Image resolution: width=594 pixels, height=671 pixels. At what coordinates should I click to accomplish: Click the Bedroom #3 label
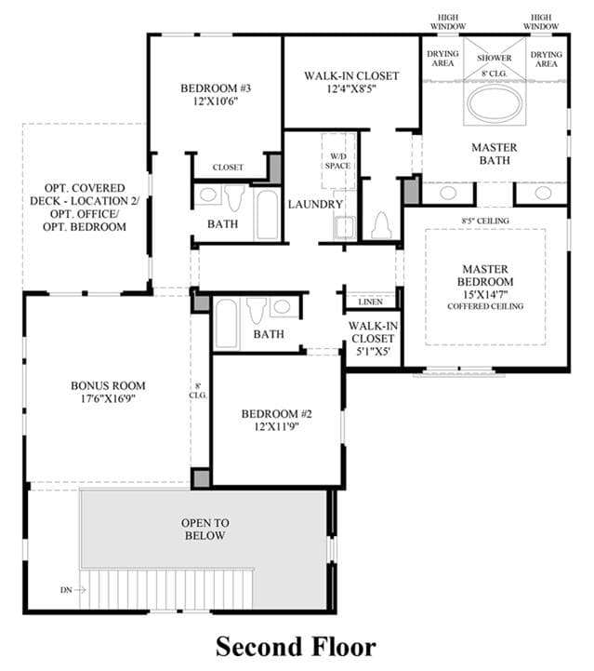(216, 88)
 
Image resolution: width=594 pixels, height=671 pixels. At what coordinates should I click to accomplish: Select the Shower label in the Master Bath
(495, 58)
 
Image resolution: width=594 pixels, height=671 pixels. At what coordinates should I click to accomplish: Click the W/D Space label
(337, 161)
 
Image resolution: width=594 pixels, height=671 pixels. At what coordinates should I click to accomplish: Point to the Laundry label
(315, 204)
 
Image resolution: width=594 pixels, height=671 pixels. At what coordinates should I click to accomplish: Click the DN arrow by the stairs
(80, 590)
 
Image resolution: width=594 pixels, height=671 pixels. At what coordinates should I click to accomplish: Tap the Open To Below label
(205, 529)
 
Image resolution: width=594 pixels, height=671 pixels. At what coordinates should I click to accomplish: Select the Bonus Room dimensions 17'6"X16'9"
(108, 398)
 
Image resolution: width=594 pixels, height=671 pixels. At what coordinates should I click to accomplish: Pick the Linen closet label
(371, 302)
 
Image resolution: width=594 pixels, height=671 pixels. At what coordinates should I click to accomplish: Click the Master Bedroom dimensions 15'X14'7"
(485, 294)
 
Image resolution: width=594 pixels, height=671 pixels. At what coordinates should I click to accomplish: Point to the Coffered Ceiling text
(485, 306)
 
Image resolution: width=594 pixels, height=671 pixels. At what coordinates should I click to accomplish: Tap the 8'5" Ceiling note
(485, 221)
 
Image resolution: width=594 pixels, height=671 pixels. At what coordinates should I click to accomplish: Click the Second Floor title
(296, 646)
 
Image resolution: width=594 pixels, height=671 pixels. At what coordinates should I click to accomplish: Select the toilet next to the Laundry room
(381, 225)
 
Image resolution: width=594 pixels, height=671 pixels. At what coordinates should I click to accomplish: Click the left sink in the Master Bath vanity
(448, 193)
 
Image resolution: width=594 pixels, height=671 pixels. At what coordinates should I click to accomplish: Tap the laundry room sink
(345, 227)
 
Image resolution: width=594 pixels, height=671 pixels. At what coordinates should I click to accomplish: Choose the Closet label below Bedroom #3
(228, 168)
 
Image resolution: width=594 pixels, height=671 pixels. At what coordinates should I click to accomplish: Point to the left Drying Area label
(442, 59)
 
